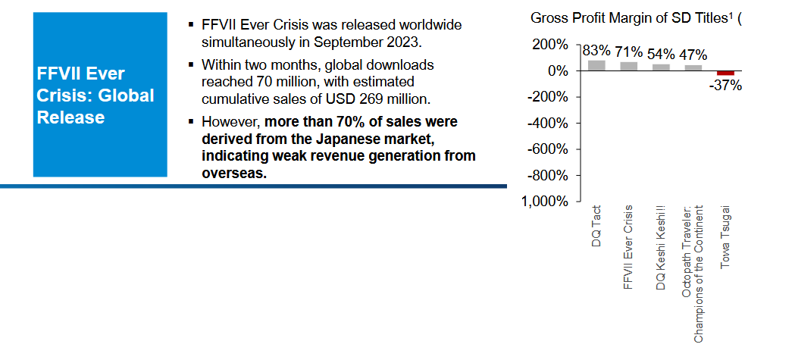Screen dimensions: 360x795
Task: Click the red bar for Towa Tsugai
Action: click(725, 73)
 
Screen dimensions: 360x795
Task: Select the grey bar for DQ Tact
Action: click(596, 65)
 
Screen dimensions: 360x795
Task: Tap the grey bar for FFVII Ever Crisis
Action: click(628, 66)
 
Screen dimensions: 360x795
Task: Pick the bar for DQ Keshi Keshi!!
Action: click(661, 67)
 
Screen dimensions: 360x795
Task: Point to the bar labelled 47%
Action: click(693, 67)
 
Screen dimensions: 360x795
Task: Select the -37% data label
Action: click(725, 86)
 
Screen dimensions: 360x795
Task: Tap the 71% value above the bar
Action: click(628, 52)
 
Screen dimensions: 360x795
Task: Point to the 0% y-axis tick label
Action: click(557, 71)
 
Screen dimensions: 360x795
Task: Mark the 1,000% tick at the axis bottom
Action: click(544, 202)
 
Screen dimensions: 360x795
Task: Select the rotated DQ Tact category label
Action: click(596, 228)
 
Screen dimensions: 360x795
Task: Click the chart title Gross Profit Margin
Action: click(632, 17)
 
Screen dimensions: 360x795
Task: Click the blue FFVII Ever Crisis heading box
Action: click(100, 95)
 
